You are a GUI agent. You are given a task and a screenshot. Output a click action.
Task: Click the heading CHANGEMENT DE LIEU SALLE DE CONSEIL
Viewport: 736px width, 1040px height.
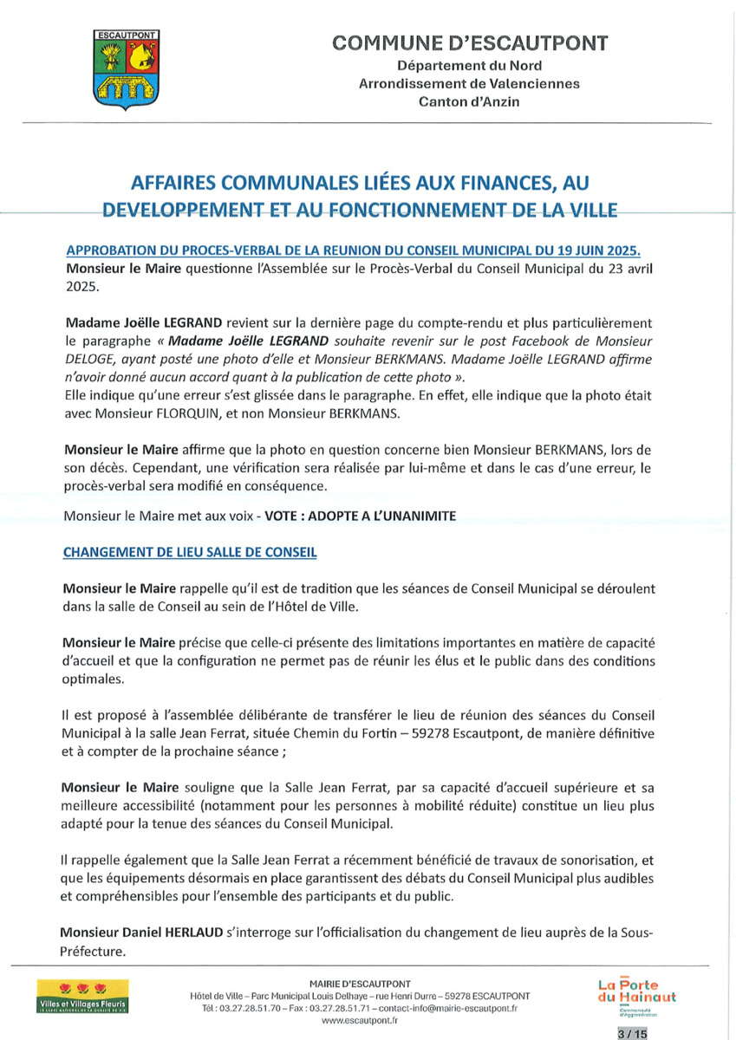click(190, 551)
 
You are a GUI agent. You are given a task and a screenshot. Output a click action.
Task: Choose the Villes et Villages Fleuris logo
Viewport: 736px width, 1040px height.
click(82, 997)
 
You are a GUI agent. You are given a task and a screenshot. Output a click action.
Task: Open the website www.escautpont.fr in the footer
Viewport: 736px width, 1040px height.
click(359, 1021)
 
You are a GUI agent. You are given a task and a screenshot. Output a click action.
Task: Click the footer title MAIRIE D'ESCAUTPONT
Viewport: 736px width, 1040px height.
click(359, 983)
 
